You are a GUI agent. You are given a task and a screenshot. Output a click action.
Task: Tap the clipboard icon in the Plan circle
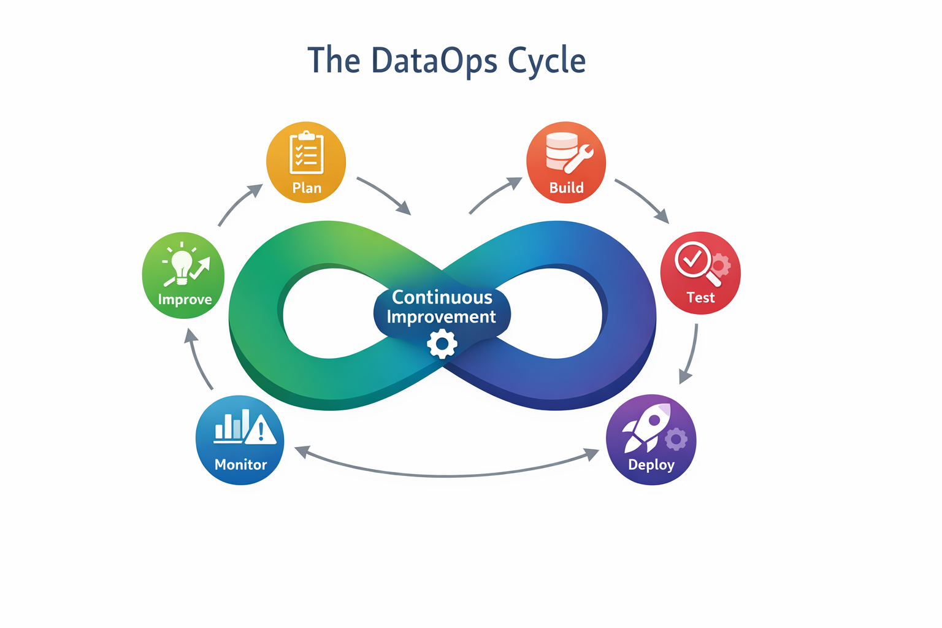click(306, 153)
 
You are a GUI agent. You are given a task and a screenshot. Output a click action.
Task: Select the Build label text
click(566, 188)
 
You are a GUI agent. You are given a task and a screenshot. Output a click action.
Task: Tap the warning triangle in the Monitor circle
click(261, 430)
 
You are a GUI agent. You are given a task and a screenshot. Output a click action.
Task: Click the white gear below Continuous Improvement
click(442, 344)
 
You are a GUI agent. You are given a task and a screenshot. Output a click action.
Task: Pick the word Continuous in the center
click(442, 297)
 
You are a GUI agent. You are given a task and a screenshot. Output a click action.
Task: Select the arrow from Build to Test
click(643, 199)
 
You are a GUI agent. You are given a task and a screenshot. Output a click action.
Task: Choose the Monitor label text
click(240, 465)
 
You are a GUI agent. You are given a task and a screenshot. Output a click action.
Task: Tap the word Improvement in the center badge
click(441, 317)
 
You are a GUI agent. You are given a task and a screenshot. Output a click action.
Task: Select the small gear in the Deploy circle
click(676, 439)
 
